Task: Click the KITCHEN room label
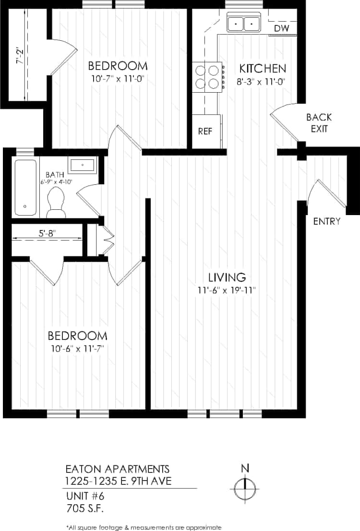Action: [x=263, y=68]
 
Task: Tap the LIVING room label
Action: [x=227, y=277]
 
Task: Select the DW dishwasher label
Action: [x=282, y=29]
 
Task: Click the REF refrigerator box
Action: [x=205, y=131]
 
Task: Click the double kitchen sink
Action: [x=243, y=23]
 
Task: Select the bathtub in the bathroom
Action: [x=25, y=187]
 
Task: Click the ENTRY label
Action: [x=326, y=221]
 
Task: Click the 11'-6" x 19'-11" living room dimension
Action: [x=227, y=290]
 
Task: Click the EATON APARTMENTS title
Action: [x=117, y=469]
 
